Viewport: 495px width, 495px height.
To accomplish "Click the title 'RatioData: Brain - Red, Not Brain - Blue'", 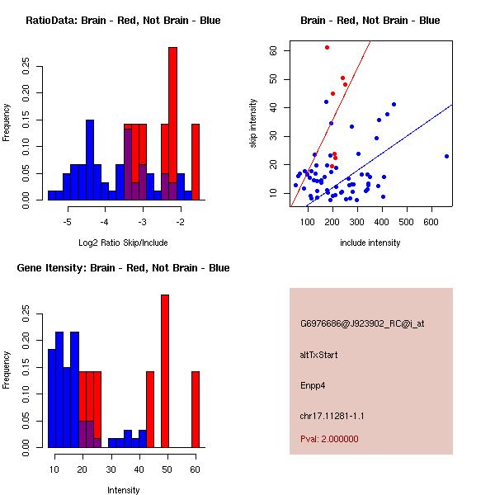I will point(123,21).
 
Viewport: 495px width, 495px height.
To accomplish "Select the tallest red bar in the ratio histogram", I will point(173,124).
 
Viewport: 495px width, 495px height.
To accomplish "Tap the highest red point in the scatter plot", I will point(327,47).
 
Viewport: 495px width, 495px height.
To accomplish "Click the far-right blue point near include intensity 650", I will point(446,156).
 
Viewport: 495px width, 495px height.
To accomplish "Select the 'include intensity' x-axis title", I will point(370,243).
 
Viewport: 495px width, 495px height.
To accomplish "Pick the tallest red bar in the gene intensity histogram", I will point(165,371).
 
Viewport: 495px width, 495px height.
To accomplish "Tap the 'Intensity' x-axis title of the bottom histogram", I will point(123,490).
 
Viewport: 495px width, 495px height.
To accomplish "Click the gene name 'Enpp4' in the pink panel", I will point(313,385).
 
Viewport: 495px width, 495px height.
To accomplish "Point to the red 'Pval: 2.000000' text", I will point(329,439).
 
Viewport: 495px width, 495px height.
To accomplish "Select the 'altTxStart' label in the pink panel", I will point(318,355).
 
